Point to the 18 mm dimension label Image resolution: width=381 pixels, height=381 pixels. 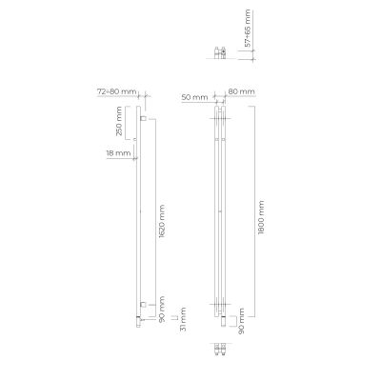[x=117, y=154]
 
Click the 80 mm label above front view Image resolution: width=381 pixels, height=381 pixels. [x=242, y=92]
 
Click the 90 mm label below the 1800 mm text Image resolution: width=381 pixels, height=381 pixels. [x=243, y=317]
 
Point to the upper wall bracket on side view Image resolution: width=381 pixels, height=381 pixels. [x=143, y=124]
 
